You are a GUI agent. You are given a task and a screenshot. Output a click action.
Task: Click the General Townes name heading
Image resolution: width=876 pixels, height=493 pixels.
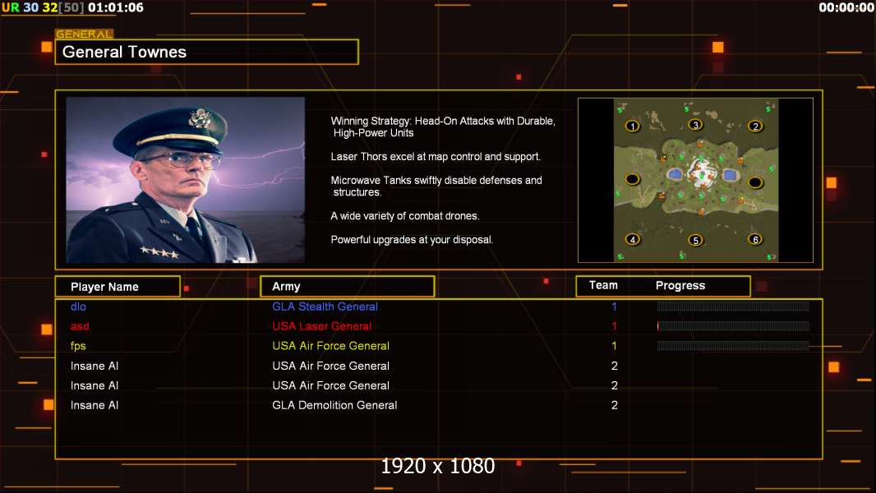[124, 52]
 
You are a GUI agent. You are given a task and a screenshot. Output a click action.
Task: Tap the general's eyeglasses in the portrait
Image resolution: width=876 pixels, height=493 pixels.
[180, 161]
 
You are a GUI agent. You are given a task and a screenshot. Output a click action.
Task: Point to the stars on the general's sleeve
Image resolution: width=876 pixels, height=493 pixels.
[159, 252]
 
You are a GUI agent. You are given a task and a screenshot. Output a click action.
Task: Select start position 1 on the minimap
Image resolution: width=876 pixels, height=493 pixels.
[633, 127]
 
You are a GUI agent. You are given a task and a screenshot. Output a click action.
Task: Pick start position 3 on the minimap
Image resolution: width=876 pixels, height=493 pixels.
[695, 125]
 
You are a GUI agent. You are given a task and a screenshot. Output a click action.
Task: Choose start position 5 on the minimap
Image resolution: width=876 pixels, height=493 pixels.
[695, 240]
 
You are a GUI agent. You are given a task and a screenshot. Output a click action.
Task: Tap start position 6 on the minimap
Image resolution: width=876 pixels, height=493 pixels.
[754, 240]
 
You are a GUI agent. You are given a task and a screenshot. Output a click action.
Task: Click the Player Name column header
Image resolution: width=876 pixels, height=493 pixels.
[104, 287]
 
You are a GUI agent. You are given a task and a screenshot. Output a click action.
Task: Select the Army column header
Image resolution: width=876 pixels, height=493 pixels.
[286, 287]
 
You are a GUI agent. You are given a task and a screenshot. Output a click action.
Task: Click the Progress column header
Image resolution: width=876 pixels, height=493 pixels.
[680, 286]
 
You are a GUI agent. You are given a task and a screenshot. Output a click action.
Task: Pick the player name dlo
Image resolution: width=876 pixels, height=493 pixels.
[78, 306]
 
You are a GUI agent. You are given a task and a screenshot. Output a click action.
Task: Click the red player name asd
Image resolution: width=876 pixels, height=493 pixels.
[80, 326]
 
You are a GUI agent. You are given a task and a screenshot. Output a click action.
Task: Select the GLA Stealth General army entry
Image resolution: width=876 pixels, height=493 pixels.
[325, 306]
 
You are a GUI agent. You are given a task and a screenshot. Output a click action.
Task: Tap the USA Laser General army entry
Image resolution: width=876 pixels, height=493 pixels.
[321, 326]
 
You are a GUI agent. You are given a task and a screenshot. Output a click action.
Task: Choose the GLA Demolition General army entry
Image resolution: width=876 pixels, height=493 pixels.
[334, 405]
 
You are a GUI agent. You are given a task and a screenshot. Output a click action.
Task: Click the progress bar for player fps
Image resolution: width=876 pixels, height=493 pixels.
[732, 346]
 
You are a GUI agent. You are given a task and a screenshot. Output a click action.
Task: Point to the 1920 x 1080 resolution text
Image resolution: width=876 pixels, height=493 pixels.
[437, 466]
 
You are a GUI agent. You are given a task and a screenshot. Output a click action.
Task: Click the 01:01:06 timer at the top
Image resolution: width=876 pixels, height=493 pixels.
[116, 8]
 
